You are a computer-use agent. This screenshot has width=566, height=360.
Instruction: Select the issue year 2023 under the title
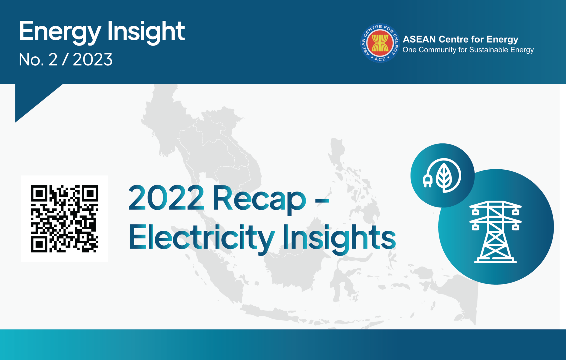point(93,59)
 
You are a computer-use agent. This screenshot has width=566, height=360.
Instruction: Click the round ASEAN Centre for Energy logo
point(380,43)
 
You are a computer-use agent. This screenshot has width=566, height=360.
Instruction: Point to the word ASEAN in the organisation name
point(419,39)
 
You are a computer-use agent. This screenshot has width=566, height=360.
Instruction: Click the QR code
point(64,219)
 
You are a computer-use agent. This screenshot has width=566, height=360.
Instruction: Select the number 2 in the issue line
point(53,59)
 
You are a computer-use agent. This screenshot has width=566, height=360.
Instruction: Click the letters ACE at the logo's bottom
point(380,59)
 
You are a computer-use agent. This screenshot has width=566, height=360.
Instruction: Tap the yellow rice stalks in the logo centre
point(380,43)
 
